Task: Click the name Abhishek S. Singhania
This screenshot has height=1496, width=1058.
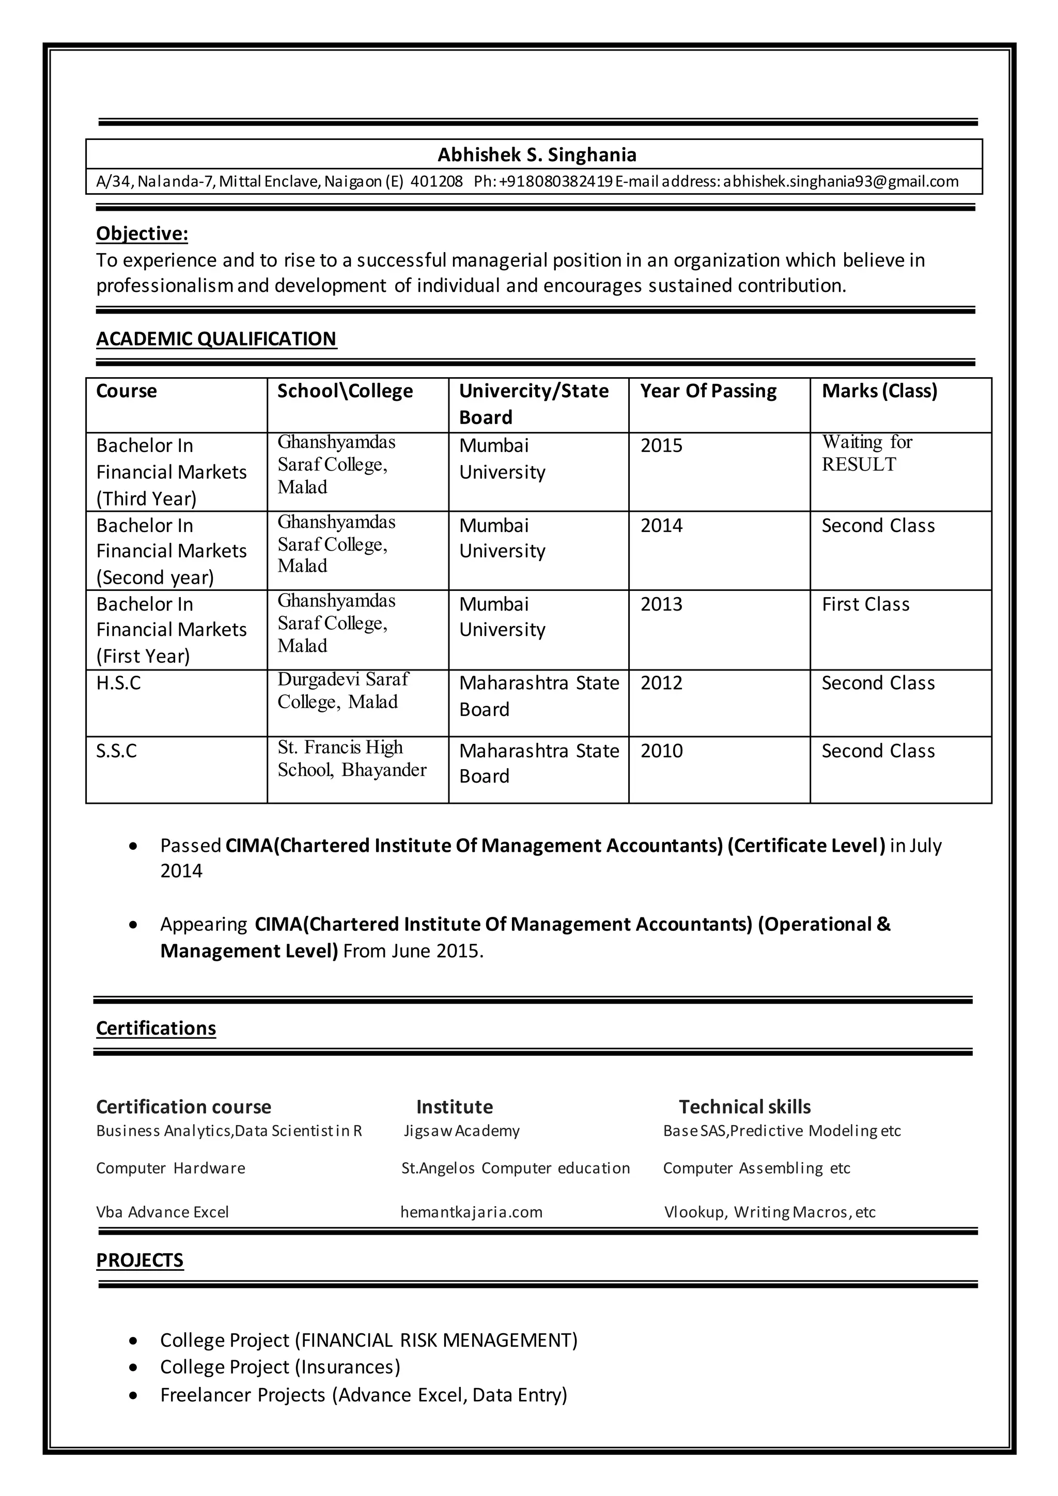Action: [x=537, y=154]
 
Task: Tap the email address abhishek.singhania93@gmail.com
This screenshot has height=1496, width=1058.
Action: [x=841, y=181]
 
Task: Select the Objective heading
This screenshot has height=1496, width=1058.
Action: [x=142, y=233]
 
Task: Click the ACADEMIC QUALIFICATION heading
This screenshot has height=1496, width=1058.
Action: [x=216, y=338]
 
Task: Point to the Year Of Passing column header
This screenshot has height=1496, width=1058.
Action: [x=708, y=391]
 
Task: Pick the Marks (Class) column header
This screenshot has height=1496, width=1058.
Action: [x=879, y=391]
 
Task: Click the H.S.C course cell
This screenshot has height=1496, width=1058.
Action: [x=119, y=683]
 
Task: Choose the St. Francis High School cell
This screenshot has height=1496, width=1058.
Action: [x=352, y=758]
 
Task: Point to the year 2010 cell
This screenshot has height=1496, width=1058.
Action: [x=661, y=751]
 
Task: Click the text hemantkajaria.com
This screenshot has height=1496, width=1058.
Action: [x=471, y=1212]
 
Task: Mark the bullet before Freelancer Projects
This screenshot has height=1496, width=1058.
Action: [x=134, y=1396]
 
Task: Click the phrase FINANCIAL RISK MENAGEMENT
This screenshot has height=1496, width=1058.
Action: [x=437, y=1341]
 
